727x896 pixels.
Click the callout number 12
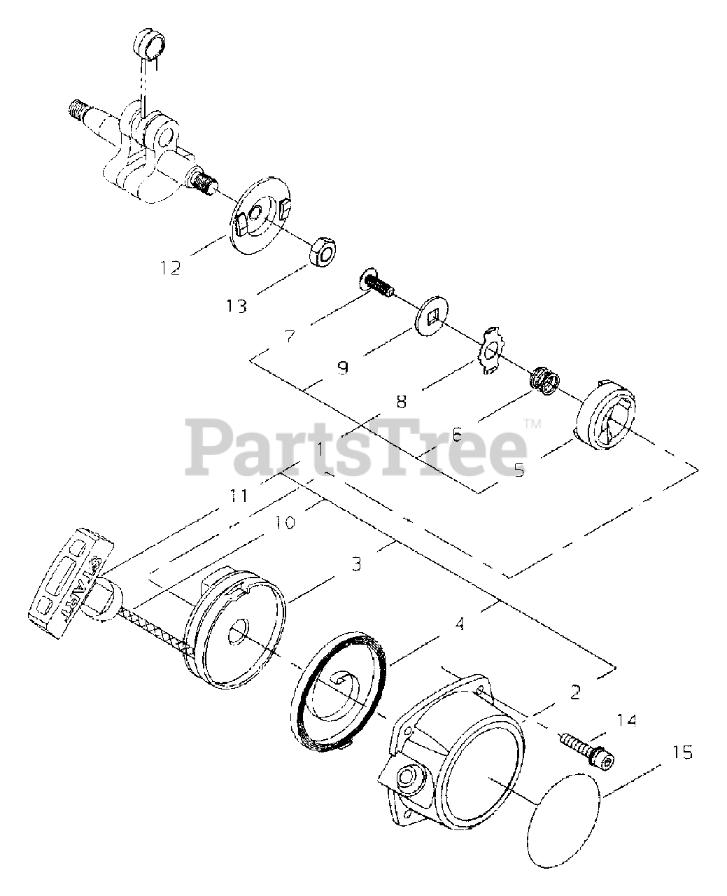pyautogui.click(x=170, y=267)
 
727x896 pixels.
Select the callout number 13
pyautogui.click(x=237, y=306)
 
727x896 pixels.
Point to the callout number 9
pyautogui.click(x=342, y=367)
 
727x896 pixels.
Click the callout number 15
pyautogui.click(x=682, y=752)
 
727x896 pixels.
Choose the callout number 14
pyautogui.click(x=627, y=719)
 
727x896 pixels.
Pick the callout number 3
pyautogui.click(x=356, y=563)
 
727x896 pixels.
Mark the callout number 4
pyautogui.click(x=459, y=623)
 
